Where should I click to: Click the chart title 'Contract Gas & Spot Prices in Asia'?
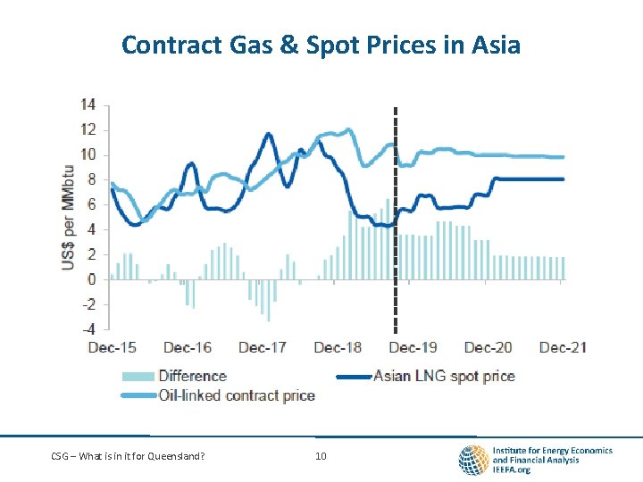pyautogui.click(x=321, y=44)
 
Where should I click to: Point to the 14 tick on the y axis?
pyautogui.click(x=89, y=104)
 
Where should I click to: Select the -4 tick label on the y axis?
pyautogui.click(x=88, y=328)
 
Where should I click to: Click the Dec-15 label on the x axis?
pyautogui.click(x=113, y=347)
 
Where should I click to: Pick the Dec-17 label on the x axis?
pyautogui.click(x=263, y=347)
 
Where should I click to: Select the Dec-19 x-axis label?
pyautogui.click(x=413, y=347)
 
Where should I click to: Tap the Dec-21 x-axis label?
pyautogui.click(x=564, y=347)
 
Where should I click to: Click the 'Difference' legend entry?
pyautogui.click(x=192, y=376)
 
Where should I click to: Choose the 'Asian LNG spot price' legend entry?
pyautogui.click(x=444, y=376)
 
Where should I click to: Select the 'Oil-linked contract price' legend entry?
pyautogui.click(x=237, y=395)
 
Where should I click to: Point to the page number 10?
pyautogui.click(x=321, y=457)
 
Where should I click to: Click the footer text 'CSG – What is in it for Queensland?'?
pyautogui.click(x=127, y=457)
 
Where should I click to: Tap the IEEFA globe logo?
pyautogui.click(x=472, y=460)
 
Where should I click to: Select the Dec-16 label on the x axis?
pyautogui.click(x=188, y=347)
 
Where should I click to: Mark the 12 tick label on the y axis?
pyautogui.click(x=89, y=129)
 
